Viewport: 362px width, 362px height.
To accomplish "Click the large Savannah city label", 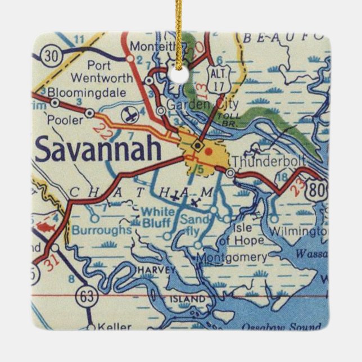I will (98, 150).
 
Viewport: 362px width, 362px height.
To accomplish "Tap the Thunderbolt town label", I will (268, 161).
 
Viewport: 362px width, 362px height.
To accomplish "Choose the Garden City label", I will (203, 104).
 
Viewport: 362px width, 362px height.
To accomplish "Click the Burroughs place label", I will (101, 229).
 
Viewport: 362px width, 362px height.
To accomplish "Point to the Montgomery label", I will (234, 257).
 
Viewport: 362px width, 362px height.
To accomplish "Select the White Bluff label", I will (157, 218).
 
